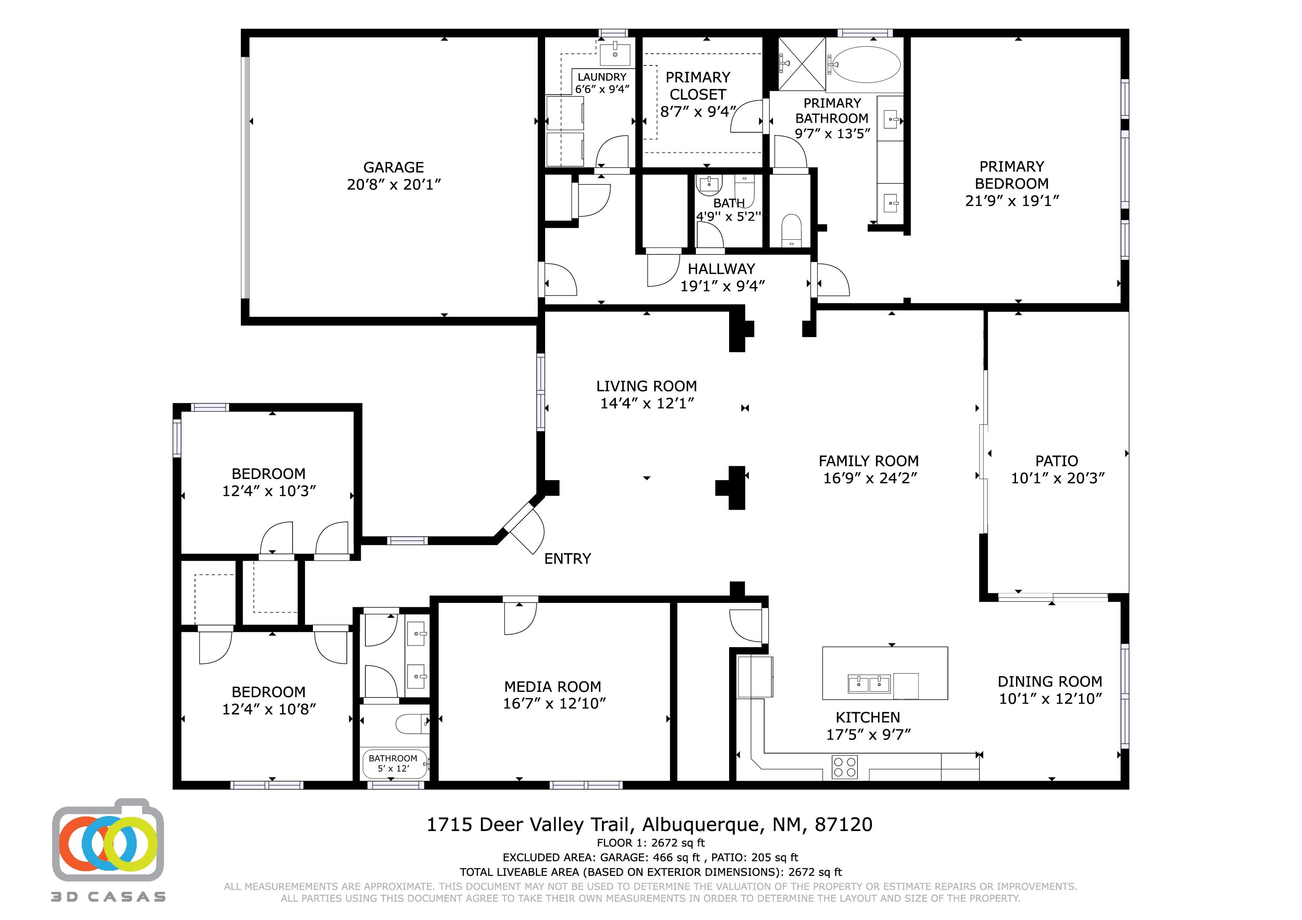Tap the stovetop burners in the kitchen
(x=845, y=767)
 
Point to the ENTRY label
(x=567, y=559)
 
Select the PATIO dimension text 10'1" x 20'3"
(x=1058, y=478)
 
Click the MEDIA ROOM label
(x=552, y=687)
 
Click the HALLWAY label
(x=721, y=268)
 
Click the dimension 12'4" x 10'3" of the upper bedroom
(x=269, y=491)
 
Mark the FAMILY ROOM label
(x=868, y=461)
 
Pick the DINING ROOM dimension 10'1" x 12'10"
(x=1050, y=699)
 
